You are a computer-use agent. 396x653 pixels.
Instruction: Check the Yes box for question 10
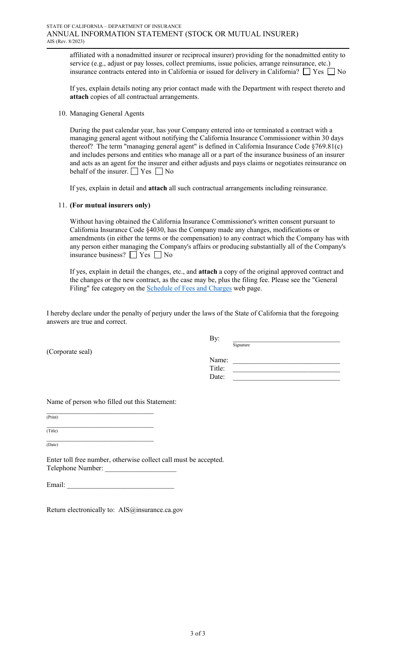[134, 171]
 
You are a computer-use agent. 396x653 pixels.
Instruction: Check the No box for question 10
[159, 171]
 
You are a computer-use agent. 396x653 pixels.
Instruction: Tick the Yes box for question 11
[133, 255]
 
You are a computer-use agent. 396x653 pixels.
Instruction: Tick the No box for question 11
[158, 255]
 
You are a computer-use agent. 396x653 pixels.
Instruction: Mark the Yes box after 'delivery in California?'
[307, 72]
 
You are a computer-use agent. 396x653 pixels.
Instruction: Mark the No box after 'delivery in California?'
[331, 72]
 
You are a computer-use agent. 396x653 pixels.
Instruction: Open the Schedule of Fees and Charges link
[189, 288]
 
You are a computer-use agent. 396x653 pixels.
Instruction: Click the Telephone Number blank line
[140, 469]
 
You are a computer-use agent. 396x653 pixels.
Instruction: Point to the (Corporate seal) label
[69, 352]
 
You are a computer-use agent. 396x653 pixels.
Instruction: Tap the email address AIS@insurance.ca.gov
[150, 510]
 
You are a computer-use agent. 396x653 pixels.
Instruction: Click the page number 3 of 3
[198, 633]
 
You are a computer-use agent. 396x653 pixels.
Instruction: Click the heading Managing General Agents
[107, 113]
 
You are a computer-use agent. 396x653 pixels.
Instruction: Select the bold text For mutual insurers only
[110, 205]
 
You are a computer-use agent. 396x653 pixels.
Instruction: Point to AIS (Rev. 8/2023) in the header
[65, 41]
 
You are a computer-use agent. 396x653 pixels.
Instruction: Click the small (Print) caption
[53, 417]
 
